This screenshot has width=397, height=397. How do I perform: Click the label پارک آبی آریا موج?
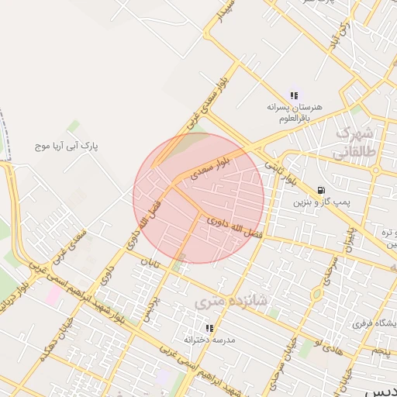click(x=75, y=145)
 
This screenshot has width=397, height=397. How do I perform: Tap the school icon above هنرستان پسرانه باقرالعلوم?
click(x=293, y=95)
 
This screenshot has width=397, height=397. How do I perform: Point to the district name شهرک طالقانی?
click(x=357, y=143)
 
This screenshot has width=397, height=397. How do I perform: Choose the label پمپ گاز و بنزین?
click(x=318, y=202)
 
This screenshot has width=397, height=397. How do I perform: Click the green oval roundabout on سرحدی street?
click(x=316, y=295)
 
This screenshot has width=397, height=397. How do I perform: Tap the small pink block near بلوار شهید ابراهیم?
click(x=53, y=295)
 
